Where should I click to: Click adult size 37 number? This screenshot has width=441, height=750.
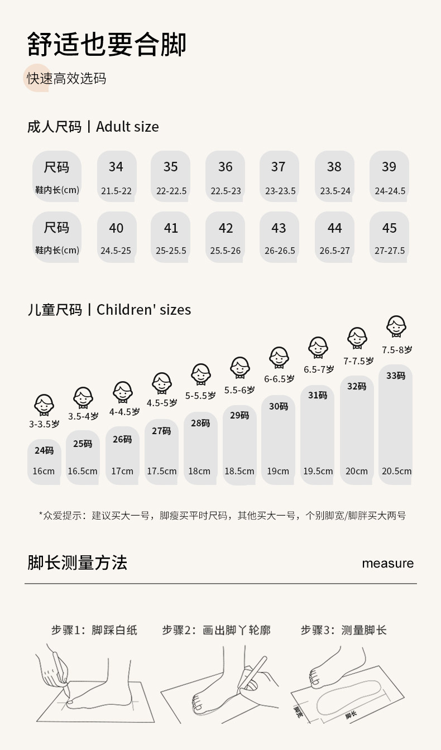(x=279, y=167)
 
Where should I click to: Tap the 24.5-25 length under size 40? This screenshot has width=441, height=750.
(x=116, y=251)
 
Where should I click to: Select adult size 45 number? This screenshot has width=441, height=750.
(x=389, y=228)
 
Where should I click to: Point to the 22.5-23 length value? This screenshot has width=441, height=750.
(x=226, y=191)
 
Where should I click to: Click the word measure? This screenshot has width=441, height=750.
(x=387, y=563)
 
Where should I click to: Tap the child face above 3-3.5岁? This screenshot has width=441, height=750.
(x=44, y=404)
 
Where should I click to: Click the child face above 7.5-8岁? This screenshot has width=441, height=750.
(x=396, y=325)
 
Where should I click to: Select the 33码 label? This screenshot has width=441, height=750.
(x=396, y=376)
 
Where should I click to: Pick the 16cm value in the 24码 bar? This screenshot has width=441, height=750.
(x=44, y=471)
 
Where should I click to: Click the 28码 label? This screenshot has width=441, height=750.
(x=200, y=423)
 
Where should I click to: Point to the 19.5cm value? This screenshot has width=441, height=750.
(x=318, y=471)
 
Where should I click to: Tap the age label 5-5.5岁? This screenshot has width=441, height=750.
(x=200, y=396)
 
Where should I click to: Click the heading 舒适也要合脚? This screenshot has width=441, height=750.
(x=107, y=45)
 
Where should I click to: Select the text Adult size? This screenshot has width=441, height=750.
(x=127, y=127)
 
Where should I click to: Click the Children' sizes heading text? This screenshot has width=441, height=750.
(x=143, y=310)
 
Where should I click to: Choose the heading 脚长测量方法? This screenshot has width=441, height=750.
(x=77, y=562)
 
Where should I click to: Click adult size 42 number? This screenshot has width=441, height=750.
(x=226, y=228)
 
